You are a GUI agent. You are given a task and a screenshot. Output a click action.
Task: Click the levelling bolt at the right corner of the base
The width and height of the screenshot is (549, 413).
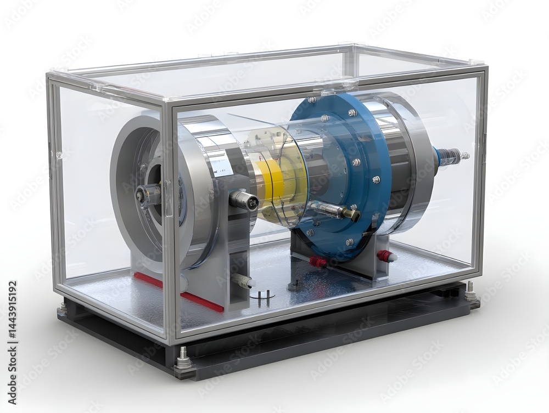click(470, 292)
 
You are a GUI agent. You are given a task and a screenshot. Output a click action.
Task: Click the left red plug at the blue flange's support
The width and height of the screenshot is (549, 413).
click(318, 263)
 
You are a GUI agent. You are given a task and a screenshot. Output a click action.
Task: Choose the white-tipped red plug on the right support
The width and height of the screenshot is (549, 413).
click(386, 256)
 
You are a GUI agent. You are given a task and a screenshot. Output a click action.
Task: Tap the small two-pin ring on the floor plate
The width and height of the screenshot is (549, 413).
click(262, 295)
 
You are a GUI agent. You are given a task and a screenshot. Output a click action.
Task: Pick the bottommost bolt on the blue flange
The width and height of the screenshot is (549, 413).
click(349, 242)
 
